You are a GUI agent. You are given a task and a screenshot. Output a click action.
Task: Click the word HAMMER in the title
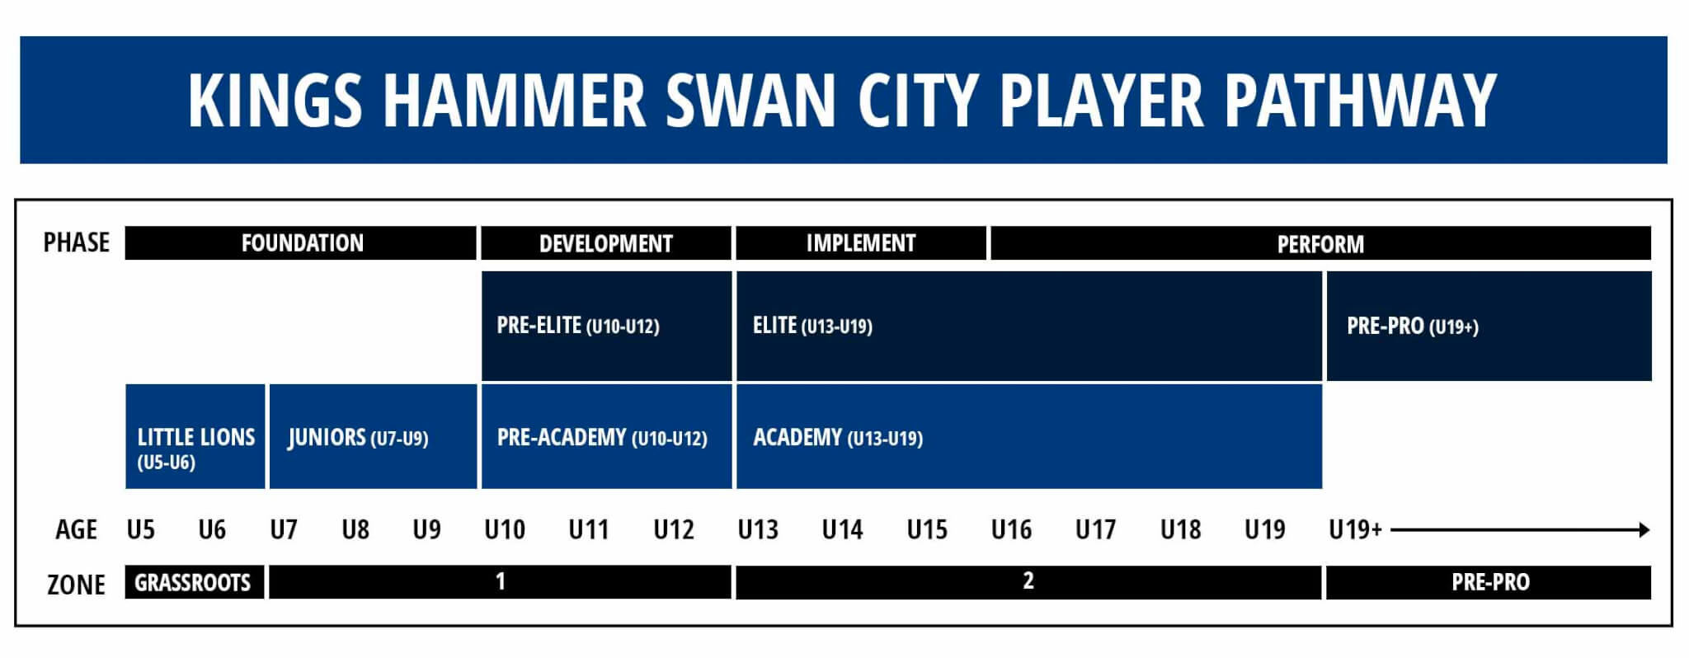tap(514, 100)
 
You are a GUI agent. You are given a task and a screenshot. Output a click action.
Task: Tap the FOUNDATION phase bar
tap(301, 243)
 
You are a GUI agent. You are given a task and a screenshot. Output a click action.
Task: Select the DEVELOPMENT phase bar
tap(606, 243)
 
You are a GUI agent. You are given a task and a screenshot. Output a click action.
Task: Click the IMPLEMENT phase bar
tap(861, 243)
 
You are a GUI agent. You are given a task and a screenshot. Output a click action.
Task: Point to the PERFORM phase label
tap(1320, 244)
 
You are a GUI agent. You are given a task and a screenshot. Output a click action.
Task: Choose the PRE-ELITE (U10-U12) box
tap(606, 326)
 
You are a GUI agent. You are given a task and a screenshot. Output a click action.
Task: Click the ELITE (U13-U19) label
tap(812, 326)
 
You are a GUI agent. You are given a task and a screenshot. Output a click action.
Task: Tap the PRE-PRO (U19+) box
tap(1489, 326)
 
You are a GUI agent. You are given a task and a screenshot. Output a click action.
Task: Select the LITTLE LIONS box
tap(195, 436)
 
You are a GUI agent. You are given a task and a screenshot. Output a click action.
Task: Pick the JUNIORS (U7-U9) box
tap(373, 436)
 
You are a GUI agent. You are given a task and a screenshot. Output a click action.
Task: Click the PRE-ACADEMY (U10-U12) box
tap(606, 436)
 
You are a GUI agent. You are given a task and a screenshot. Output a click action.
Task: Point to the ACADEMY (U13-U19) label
tap(838, 438)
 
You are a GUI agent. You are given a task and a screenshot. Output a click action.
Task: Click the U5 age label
tap(141, 529)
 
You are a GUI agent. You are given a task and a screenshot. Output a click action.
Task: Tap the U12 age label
tap(674, 529)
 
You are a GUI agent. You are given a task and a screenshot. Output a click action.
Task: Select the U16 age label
tap(1011, 529)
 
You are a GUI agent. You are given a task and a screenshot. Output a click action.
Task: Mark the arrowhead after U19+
tap(1644, 529)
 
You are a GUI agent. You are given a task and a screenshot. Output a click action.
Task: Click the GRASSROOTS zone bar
tap(195, 582)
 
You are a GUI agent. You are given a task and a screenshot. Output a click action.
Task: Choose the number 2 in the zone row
tap(1028, 581)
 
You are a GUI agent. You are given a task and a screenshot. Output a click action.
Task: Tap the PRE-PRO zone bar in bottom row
tap(1489, 582)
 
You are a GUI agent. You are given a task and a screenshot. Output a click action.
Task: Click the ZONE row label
tap(76, 585)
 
